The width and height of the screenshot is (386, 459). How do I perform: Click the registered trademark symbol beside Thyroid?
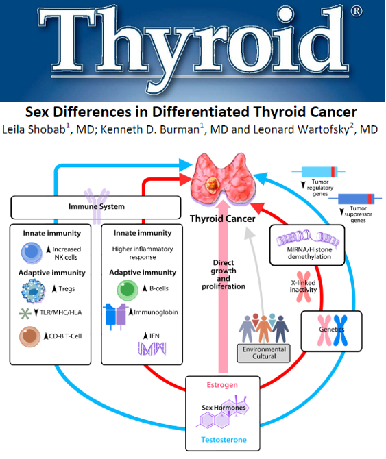[x=356, y=12]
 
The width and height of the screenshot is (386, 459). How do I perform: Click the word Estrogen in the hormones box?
[x=222, y=385]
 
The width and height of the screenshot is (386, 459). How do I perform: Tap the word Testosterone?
[x=224, y=440]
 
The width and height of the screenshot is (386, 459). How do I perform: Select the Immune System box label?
[x=97, y=206]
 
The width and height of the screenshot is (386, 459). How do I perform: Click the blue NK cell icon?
[x=32, y=253]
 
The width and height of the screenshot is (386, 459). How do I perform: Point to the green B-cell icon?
[x=128, y=290]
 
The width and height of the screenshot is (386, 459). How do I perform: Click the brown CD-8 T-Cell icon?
[x=29, y=336]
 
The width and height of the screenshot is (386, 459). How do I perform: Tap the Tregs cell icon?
[x=34, y=291]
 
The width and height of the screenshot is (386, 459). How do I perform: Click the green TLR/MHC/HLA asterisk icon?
[x=25, y=313]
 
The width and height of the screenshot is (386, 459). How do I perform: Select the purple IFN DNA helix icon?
[x=152, y=348]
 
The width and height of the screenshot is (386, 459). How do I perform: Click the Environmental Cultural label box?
[x=264, y=353]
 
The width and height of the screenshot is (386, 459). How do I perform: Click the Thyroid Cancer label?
[x=223, y=219]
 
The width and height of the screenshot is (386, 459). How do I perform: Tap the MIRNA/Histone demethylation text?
[x=309, y=253]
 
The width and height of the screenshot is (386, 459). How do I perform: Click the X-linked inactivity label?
[x=303, y=286]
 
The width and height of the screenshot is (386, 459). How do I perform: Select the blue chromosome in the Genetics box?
[x=340, y=330]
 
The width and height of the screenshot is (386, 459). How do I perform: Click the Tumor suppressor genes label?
[x=358, y=214]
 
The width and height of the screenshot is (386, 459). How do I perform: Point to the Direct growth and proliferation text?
[x=224, y=275]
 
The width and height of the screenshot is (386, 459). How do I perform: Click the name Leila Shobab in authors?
[x=34, y=129]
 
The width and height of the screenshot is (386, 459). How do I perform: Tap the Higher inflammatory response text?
[x=143, y=253]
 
